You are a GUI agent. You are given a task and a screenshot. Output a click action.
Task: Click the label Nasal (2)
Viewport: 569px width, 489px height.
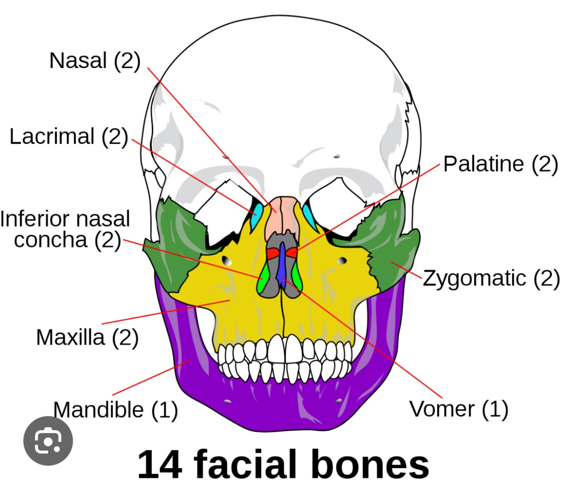coord(95,61)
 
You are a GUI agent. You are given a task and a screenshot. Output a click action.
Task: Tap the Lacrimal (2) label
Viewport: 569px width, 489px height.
coord(69,137)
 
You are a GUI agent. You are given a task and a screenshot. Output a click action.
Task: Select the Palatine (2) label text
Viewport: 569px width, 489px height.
coord(500,164)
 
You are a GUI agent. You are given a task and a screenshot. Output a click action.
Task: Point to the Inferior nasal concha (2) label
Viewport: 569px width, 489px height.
coord(65,229)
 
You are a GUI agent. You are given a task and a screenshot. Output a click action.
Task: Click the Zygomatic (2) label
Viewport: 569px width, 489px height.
coord(491,278)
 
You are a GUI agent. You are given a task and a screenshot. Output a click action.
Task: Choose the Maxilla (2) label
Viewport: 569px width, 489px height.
coord(87,337)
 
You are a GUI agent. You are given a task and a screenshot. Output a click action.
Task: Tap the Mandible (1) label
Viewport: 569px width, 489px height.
coord(115,410)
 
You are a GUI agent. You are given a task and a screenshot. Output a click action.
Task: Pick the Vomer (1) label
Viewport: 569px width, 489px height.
coord(459,409)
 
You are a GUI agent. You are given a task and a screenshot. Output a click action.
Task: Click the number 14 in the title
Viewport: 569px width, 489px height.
coord(160,464)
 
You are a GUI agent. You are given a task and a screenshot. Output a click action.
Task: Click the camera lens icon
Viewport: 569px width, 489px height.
coord(48,441)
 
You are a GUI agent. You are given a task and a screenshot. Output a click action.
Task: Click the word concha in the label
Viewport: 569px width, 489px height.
coord(50,240)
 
